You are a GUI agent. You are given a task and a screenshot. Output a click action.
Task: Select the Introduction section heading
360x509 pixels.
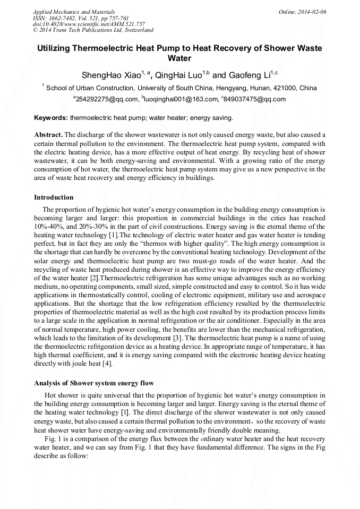[54, 197]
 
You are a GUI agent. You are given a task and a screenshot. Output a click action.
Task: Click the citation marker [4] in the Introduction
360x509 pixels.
[107, 364]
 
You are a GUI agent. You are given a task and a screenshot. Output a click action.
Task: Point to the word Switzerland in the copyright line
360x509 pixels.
[137, 30]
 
